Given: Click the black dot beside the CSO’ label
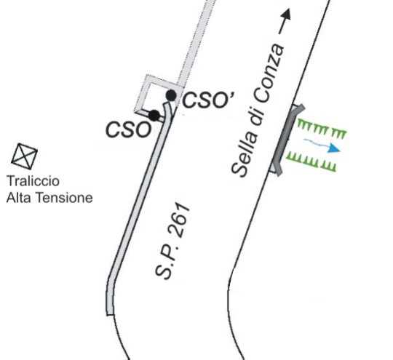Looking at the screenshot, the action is [x=171, y=95].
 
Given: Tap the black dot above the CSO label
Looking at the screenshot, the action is [x=154, y=116].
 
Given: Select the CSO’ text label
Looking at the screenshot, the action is [x=209, y=100].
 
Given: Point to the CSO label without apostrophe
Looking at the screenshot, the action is [x=129, y=129].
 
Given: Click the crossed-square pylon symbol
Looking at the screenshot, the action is [x=24, y=156].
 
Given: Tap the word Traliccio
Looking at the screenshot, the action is [x=33, y=181].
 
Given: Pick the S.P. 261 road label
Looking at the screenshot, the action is [x=172, y=241].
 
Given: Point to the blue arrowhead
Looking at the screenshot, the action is [x=333, y=148].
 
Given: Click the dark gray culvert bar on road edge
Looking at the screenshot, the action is [x=288, y=140].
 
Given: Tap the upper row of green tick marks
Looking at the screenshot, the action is [x=322, y=129].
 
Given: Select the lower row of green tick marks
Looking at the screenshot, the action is [x=311, y=161].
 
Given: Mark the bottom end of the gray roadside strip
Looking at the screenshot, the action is [x=111, y=315].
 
